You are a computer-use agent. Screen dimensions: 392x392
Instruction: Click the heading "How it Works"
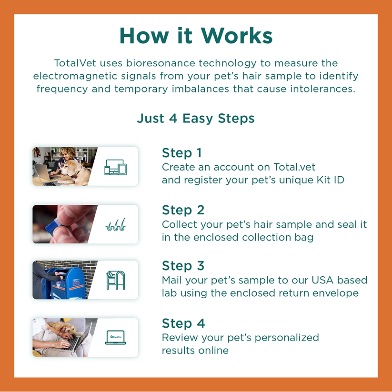(x=196, y=36)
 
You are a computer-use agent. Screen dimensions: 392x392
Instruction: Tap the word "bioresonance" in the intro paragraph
(x=160, y=63)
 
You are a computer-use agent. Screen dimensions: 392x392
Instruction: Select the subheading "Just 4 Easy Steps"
(x=196, y=118)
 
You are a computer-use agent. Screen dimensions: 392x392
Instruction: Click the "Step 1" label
(x=182, y=153)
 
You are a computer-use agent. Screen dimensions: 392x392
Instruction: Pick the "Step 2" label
(x=183, y=210)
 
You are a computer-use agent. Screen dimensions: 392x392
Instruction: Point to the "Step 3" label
(x=183, y=266)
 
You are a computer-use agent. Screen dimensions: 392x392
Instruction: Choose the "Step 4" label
(x=183, y=323)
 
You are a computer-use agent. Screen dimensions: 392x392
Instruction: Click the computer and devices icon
(x=115, y=167)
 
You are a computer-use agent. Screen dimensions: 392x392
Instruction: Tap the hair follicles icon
(x=115, y=224)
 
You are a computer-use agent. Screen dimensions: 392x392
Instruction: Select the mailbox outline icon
(x=116, y=280)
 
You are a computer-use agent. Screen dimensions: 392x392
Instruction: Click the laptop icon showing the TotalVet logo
(x=115, y=338)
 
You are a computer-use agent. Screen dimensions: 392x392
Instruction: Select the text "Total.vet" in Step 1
(x=294, y=167)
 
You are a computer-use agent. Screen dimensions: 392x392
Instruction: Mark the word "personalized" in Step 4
(x=287, y=338)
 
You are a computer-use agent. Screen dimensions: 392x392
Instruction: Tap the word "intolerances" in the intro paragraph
(x=322, y=89)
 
